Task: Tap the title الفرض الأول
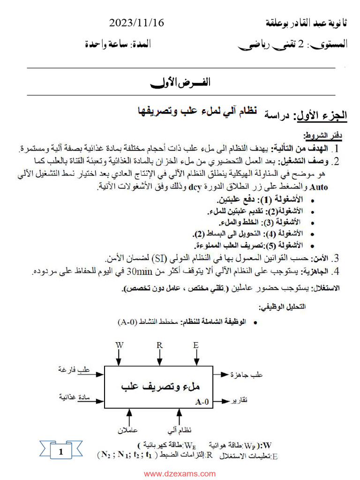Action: click(180, 82)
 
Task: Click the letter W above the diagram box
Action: click(119, 345)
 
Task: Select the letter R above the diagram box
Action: click(159, 345)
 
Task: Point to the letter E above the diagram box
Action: click(195, 345)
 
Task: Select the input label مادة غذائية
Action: click(74, 397)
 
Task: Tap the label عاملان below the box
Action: click(127, 429)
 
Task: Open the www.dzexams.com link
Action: click(180, 473)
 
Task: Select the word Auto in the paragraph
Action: click(319, 187)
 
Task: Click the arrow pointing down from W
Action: click(119, 357)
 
